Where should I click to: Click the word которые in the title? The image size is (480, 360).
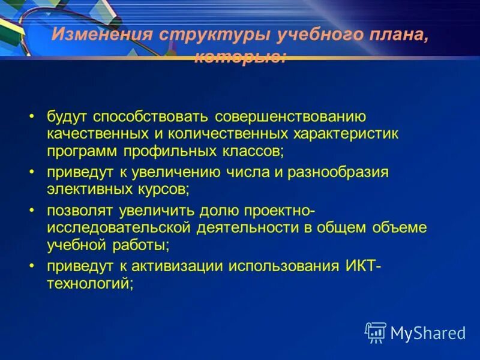240,57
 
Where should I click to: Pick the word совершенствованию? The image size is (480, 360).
283,116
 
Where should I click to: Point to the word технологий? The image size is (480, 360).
89,282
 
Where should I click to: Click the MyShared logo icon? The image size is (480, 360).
376,332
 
